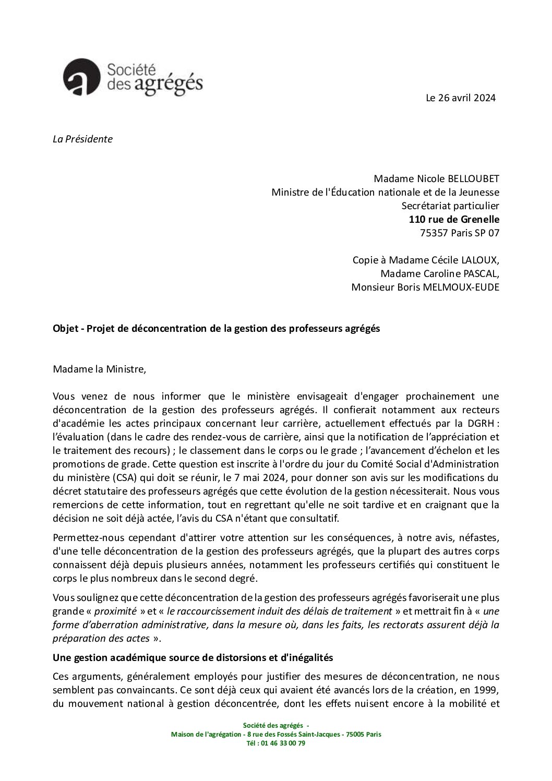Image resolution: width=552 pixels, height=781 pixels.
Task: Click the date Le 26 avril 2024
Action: [x=461, y=98]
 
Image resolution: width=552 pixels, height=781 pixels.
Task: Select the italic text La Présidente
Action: [x=82, y=139]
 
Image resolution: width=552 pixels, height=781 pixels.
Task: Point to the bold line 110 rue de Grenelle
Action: [x=454, y=220]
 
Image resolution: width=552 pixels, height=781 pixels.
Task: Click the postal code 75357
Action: [x=434, y=233]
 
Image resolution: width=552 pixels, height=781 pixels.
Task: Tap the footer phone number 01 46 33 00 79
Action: [x=284, y=744]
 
